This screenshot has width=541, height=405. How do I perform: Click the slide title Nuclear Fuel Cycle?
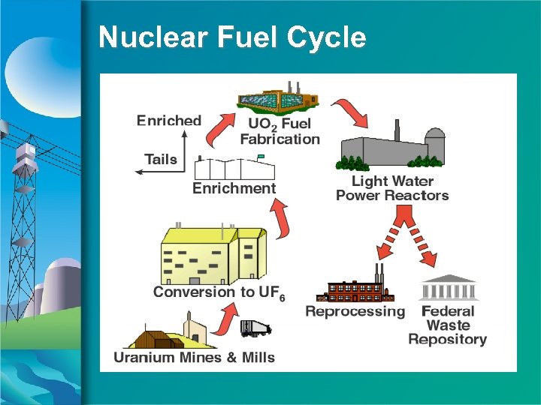coord(232,37)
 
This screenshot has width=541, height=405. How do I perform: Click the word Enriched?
coord(169,121)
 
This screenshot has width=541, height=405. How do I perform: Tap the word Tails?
coord(161,159)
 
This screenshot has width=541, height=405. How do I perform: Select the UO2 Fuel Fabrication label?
coord(280,131)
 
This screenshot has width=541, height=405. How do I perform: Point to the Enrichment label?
coord(234,188)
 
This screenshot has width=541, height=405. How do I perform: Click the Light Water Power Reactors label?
coord(392,188)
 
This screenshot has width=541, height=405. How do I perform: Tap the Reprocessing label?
coord(355,311)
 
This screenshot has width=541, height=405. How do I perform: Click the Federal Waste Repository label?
coord(448,325)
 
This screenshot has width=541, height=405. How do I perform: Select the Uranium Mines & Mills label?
coord(194,358)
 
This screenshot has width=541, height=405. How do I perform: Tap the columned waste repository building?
coord(449,288)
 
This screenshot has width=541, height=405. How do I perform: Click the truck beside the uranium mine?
coord(255,328)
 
